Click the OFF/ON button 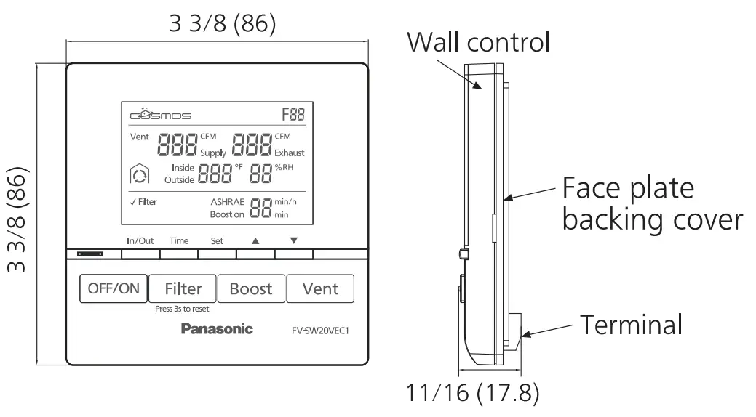tap(113, 288)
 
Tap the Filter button tap(183, 288)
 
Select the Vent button tap(320, 288)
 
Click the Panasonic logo tap(217, 329)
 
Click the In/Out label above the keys tap(140, 240)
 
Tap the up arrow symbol tap(255, 240)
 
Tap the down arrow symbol tap(293, 240)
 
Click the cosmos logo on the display tap(160, 115)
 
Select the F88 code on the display tap(293, 115)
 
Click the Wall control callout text tap(478, 41)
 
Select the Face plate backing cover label tap(652, 203)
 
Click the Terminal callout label tap(630, 324)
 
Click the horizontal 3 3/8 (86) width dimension tap(223, 23)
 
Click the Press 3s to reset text tap(182, 309)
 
